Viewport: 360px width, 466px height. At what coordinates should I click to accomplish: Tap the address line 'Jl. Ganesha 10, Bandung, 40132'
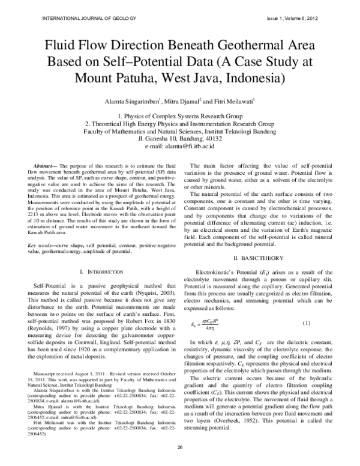(x=179, y=138)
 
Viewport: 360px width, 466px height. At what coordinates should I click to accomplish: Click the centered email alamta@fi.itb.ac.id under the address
(x=179, y=146)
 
